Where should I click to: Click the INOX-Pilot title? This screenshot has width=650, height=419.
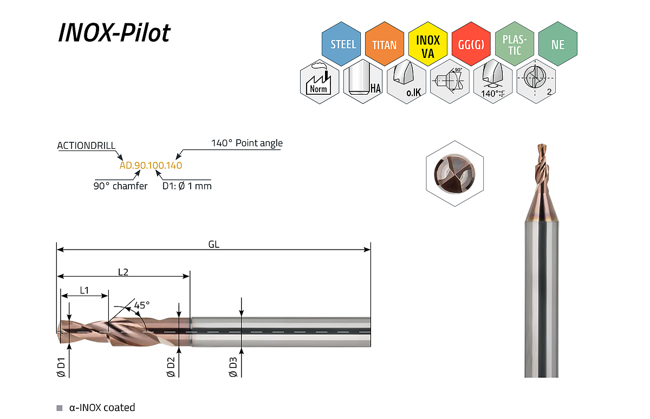click(114, 33)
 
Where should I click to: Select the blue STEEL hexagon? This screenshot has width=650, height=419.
click(341, 44)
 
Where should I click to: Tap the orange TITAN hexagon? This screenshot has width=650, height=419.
click(385, 44)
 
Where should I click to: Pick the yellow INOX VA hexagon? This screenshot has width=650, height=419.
click(428, 44)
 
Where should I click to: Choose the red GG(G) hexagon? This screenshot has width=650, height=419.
click(471, 44)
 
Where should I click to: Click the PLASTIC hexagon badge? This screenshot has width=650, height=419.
click(515, 44)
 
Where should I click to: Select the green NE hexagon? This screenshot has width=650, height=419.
click(558, 44)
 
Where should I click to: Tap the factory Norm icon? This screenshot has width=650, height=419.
click(320, 82)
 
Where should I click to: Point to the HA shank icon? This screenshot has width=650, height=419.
click(363, 82)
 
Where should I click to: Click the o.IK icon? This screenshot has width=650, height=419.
click(406, 82)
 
